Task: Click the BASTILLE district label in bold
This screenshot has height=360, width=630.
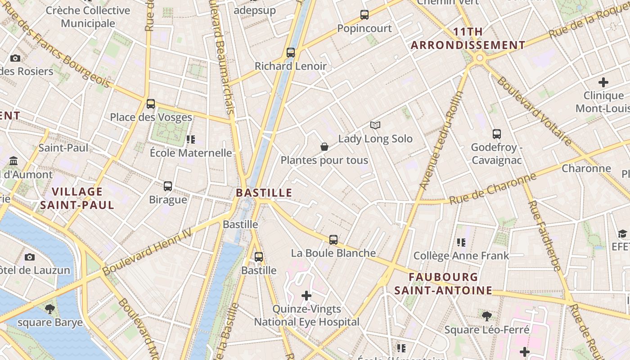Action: [264, 193]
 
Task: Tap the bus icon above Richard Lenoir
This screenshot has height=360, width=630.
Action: [291, 53]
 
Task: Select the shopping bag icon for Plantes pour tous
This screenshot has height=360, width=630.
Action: [324, 147]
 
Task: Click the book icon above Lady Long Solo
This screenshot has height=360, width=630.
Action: [375, 125]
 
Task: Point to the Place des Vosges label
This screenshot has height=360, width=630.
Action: [151, 117]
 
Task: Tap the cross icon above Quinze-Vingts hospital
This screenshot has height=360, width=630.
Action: [306, 296]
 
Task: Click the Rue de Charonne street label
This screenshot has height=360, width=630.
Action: [493, 188]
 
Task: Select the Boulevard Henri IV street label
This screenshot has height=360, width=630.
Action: [147, 251]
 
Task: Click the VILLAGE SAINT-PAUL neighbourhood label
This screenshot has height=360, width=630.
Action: [77, 198]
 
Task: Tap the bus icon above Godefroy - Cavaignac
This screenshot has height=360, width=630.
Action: [497, 134]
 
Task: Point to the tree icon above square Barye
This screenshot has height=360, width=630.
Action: [50, 309]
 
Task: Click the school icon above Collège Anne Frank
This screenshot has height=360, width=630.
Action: [461, 243]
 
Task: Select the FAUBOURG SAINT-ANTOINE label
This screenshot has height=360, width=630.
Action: [443, 283]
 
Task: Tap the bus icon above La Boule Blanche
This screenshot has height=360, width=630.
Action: [333, 240]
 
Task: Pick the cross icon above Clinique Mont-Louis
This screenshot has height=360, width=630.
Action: [603, 82]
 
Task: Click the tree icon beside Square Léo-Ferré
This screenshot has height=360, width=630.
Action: [486, 316]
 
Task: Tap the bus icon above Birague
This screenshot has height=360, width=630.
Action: [168, 186]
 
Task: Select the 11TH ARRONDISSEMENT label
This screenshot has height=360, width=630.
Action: [468, 38]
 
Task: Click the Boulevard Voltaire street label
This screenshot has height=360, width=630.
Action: [534, 111]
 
